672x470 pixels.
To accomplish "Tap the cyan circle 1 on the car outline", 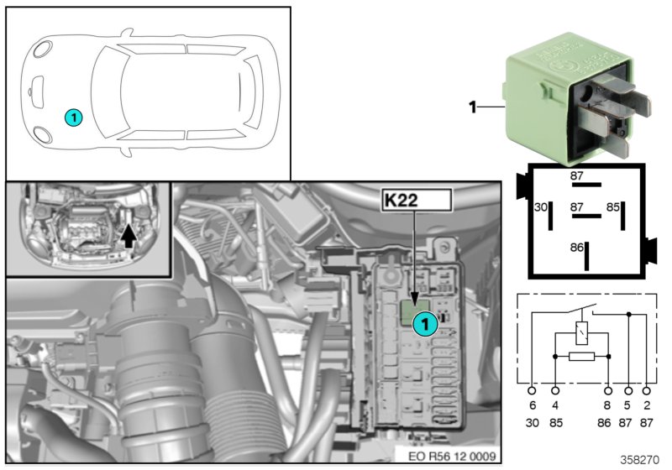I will pos(73,117).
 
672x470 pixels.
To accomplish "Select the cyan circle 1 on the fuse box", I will pos(425,321).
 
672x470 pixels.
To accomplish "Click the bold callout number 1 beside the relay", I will pos(472,107).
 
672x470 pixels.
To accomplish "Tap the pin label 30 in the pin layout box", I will pos(541,206).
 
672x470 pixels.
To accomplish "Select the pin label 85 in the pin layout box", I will pos(613,206).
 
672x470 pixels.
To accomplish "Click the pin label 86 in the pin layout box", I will pos(575,248).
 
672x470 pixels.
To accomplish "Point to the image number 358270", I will pos(642,461).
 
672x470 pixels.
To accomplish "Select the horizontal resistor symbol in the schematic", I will pos(581,356).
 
